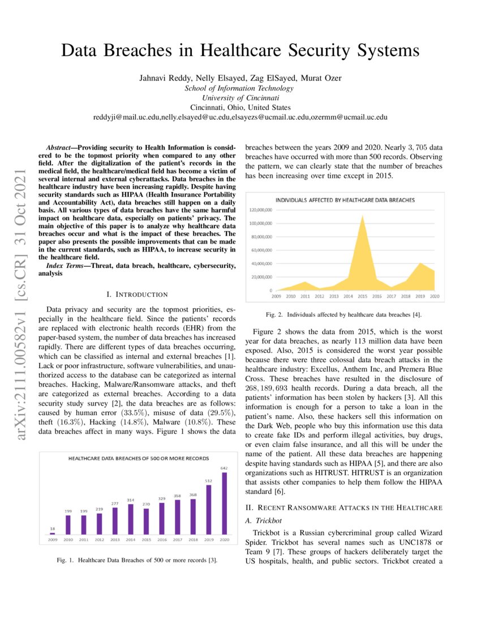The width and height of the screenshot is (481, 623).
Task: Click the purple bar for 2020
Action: point(225,503)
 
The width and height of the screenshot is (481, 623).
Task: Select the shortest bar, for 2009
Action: point(53,533)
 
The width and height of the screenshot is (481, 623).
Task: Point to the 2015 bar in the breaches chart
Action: point(147,521)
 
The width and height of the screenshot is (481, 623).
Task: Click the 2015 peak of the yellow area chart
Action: point(362,216)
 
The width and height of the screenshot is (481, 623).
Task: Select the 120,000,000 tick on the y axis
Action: point(261,210)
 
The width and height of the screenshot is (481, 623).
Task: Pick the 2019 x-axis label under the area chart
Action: point(420,296)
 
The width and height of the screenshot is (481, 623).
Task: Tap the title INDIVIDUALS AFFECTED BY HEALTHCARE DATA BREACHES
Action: point(345,200)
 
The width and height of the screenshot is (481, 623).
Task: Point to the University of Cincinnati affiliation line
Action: point(240,97)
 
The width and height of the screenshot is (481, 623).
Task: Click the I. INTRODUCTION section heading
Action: point(137,295)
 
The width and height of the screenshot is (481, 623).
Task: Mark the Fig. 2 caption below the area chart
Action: point(343,314)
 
